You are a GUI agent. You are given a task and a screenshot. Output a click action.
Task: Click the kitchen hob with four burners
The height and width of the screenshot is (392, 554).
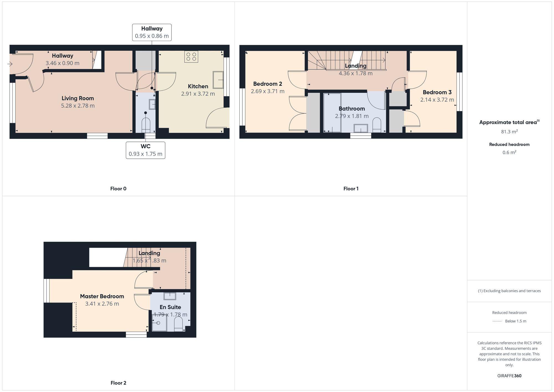[x=191, y=57]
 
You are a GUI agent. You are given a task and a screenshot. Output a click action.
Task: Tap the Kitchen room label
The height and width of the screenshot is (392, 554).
[x=198, y=86]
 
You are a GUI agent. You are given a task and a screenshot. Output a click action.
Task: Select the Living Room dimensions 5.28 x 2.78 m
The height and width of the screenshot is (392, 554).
[x=78, y=106]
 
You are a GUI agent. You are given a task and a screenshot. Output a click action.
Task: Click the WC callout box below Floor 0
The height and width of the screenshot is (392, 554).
[x=145, y=150]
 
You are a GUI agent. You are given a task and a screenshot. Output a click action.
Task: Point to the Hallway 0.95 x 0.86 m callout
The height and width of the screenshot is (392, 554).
[x=152, y=32]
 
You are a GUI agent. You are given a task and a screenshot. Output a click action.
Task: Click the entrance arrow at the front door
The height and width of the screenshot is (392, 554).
[x=10, y=64]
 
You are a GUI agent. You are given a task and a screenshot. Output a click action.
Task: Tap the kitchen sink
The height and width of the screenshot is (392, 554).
[x=218, y=80]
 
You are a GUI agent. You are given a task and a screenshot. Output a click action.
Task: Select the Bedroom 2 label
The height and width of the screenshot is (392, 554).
[x=268, y=84]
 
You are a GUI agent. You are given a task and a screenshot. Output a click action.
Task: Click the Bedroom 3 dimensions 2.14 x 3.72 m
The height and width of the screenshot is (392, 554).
[x=437, y=100]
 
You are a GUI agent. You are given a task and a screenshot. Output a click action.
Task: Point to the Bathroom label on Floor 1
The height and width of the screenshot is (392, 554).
[x=352, y=109]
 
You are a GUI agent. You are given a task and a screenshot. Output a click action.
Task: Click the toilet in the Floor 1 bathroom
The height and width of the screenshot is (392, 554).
[x=377, y=125]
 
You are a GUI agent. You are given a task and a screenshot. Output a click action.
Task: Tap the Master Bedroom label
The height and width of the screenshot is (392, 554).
[x=102, y=296]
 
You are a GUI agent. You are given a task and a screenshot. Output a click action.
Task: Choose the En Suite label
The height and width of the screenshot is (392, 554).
[x=170, y=307]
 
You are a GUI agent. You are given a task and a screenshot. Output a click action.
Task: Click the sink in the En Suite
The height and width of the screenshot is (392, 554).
[x=170, y=296]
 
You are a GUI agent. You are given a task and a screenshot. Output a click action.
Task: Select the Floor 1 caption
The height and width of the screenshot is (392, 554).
[x=351, y=189]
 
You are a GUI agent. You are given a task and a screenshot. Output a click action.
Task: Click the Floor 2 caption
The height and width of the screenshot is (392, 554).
[x=118, y=383]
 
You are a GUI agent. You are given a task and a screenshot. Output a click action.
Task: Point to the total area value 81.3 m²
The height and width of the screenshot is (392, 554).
[x=509, y=132]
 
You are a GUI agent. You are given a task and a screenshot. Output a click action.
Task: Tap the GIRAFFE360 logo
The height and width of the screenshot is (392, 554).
[x=509, y=376]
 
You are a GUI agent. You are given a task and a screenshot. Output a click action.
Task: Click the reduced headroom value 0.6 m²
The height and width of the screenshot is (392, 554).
[x=509, y=152]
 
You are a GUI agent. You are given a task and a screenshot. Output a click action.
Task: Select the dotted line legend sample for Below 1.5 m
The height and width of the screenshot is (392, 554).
[x=497, y=321]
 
